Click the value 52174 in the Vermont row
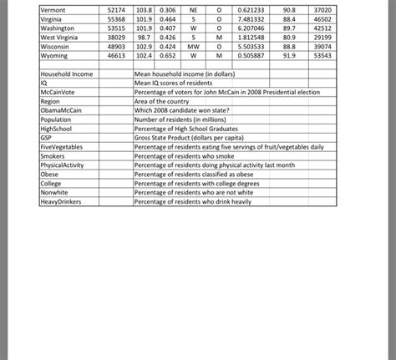115,8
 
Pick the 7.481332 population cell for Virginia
251,18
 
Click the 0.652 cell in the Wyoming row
167,56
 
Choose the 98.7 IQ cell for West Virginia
143,38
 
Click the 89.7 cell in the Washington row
289,28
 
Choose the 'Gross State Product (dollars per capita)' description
197,138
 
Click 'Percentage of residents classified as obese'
198,174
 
